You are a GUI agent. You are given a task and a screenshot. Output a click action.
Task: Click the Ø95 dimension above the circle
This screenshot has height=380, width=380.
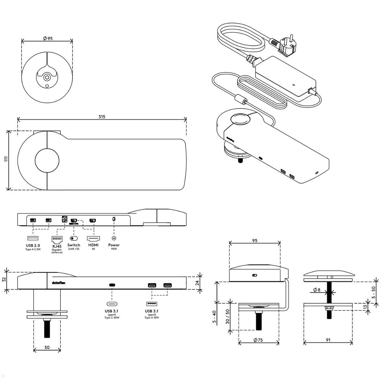coord(48,38)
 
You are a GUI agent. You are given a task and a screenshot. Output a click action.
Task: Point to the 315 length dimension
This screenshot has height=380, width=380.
coord(101,117)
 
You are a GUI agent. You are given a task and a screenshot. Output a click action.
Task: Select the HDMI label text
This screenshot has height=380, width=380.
coord(93,245)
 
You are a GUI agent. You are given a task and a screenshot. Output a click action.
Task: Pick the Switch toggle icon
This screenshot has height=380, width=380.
coord(73,238)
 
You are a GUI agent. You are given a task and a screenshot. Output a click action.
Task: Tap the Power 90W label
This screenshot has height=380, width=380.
coord(114,246)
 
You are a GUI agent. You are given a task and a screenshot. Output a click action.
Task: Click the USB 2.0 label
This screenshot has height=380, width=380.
coord(33,245)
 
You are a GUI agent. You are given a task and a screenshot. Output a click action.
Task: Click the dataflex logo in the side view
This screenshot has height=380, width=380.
coord(57,283)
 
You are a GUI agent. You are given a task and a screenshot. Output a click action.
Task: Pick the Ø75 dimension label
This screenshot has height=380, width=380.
coord(258,340)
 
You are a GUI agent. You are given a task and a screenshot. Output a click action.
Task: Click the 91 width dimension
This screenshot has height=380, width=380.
coord(328,340)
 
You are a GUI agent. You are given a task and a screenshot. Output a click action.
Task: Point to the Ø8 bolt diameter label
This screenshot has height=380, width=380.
coord(316,289)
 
